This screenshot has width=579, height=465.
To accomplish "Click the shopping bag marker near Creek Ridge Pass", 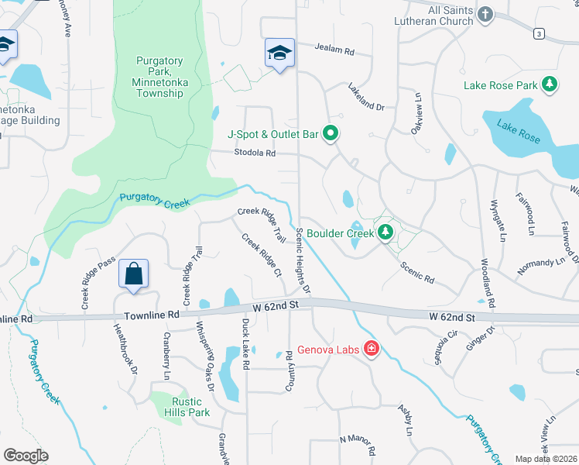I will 134,274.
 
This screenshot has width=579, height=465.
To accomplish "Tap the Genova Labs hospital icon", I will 372,350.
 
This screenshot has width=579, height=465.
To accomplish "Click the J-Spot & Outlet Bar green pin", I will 331,134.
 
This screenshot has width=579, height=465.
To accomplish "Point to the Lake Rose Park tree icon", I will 550,84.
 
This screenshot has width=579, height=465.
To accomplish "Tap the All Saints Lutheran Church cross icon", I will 485,14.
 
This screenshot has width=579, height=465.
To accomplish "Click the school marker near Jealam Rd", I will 279,52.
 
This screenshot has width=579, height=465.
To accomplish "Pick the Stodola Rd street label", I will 255,153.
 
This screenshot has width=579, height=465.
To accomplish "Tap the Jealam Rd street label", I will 334,50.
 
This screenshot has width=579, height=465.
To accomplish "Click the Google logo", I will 26,456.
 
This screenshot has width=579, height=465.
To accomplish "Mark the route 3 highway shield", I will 539,33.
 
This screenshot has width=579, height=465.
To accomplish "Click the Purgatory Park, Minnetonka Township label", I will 159,77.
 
